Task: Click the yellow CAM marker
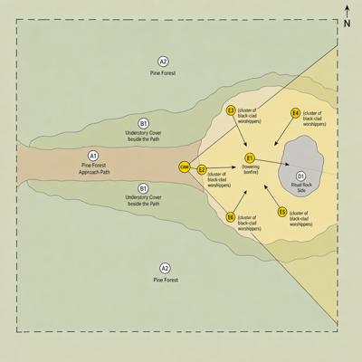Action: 185,167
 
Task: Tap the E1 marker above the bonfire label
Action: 250,158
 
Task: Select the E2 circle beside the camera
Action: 202,170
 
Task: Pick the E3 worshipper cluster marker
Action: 231,110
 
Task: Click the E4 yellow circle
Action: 296,113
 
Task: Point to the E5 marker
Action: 282,212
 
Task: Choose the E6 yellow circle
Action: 231,217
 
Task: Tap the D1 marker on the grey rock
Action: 300,176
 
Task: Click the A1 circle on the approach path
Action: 93,156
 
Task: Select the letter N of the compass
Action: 348,24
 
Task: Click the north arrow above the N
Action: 348,12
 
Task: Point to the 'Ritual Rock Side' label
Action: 301,187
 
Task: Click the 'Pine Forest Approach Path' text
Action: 94,168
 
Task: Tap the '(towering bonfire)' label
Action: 251,169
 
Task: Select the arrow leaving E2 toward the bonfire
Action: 222,167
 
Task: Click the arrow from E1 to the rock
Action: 272,162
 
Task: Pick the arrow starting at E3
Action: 240,131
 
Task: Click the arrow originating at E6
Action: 240,201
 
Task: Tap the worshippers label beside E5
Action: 300,219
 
